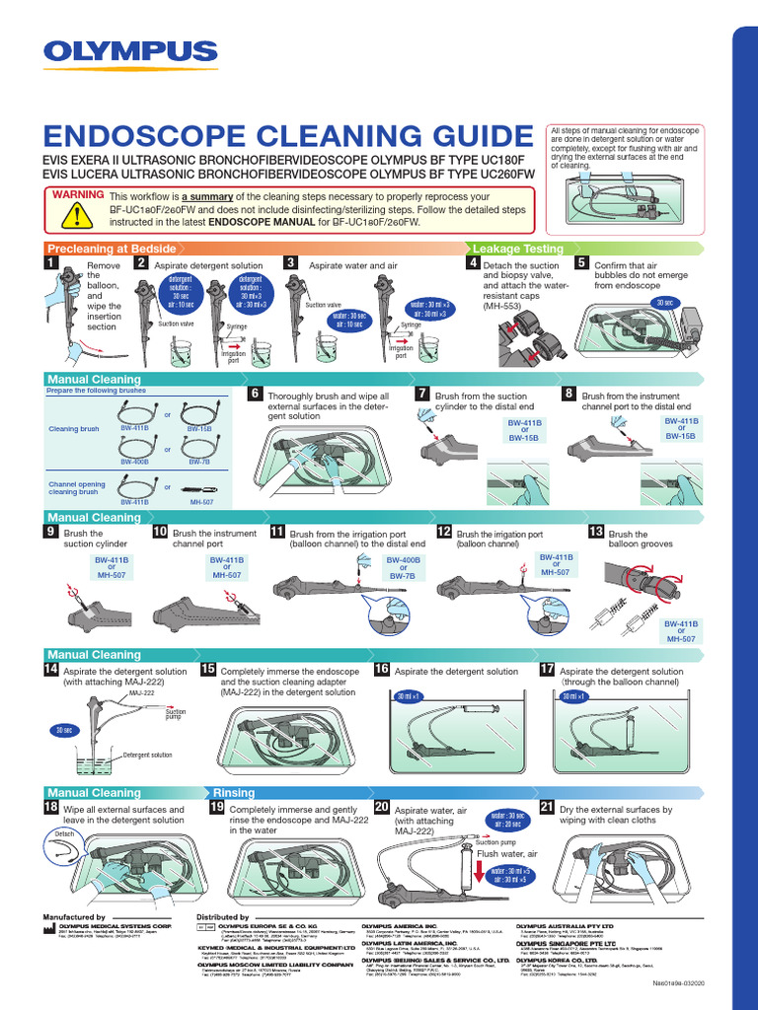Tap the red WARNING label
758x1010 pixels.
[78, 193]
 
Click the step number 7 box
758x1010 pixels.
[424, 395]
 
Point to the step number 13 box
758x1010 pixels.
[595, 532]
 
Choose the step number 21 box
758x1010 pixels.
[547, 807]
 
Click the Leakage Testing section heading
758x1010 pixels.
[518, 249]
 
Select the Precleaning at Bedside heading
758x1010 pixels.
[112, 249]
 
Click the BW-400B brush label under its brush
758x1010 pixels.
[134, 461]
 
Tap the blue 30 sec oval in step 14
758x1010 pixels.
[64, 730]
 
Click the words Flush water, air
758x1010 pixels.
[507, 853]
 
